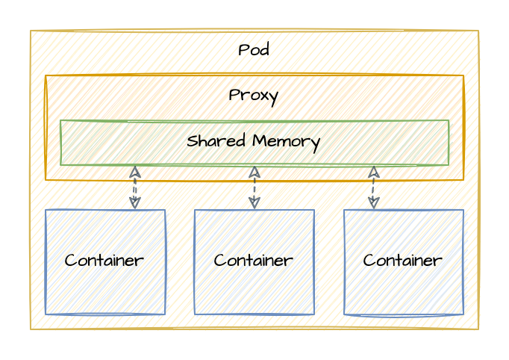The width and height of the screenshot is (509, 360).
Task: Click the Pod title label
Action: click(x=254, y=51)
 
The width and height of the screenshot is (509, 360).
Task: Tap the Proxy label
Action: click(x=254, y=96)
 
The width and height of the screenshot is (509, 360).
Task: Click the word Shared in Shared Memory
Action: click(x=214, y=141)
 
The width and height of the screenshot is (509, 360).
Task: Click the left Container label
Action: click(x=104, y=261)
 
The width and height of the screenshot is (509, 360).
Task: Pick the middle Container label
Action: click(x=254, y=261)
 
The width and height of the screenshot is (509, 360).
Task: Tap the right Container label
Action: click(x=403, y=261)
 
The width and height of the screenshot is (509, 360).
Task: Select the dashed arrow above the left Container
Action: click(x=134, y=187)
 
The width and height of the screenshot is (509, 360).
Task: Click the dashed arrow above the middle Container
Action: click(x=254, y=187)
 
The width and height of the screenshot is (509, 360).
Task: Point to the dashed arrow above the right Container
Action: click(x=373, y=187)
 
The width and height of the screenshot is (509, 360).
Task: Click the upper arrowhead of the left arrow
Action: click(x=134, y=170)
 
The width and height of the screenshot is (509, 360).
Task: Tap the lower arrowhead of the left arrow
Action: click(x=134, y=205)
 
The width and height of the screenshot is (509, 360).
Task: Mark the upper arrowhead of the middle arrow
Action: click(x=254, y=170)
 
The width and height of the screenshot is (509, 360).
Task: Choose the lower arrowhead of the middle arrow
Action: click(x=254, y=205)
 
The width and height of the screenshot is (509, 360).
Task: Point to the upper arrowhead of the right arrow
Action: click(x=373, y=170)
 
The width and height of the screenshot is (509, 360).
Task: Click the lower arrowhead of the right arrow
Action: click(x=373, y=205)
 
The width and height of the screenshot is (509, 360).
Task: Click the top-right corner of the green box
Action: click(x=449, y=120)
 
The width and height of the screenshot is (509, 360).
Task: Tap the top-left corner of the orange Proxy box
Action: click(x=46, y=75)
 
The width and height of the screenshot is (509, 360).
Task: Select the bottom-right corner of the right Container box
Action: click(x=463, y=314)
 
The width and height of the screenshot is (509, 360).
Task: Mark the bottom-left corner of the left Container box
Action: click(x=46, y=314)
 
